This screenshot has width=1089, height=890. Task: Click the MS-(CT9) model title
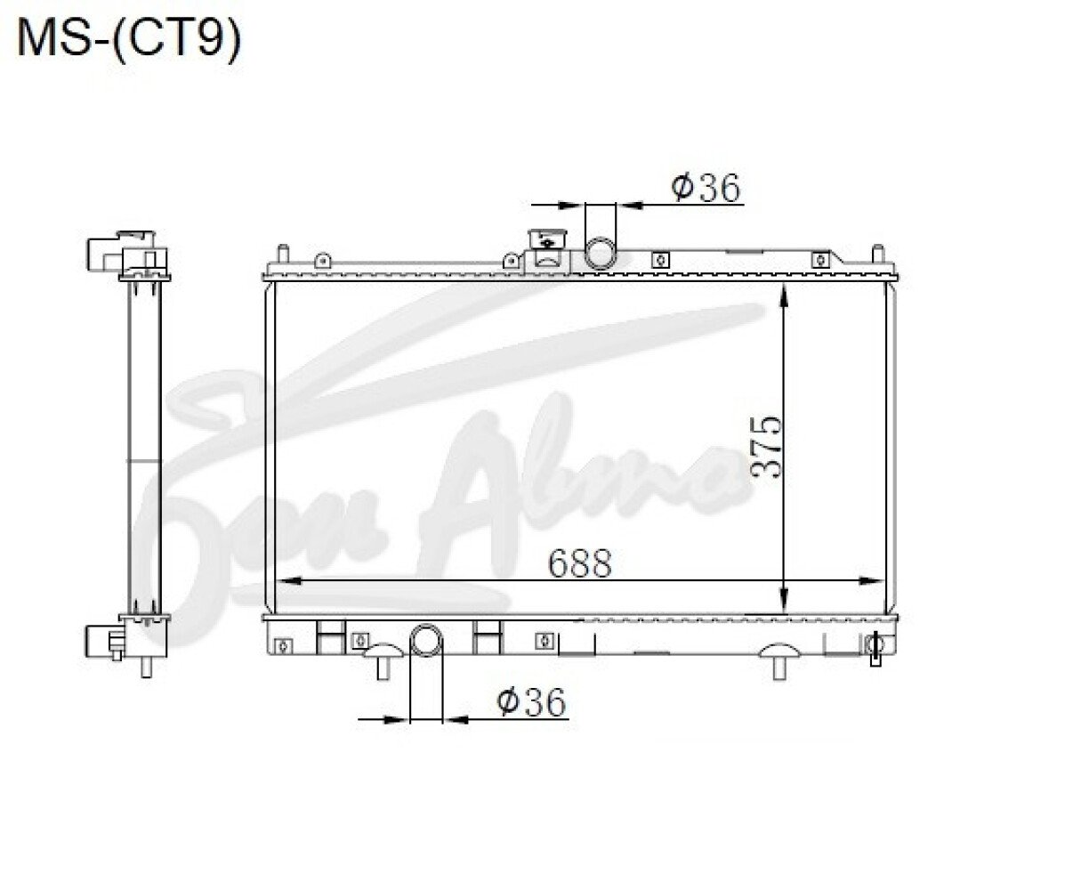tap(129, 40)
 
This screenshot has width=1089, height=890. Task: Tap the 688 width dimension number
tap(579, 563)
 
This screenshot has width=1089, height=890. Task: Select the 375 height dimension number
tap(767, 448)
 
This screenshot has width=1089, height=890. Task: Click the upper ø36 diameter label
tap(706, 188)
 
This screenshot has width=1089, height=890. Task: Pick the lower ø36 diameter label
tap(531, 702)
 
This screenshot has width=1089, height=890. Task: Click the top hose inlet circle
tap(600, 253)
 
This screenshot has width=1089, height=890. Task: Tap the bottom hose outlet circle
tap(426, 640)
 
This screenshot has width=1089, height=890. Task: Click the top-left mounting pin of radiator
tap(282, 255)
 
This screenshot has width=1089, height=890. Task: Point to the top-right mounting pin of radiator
tap(878, 255)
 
